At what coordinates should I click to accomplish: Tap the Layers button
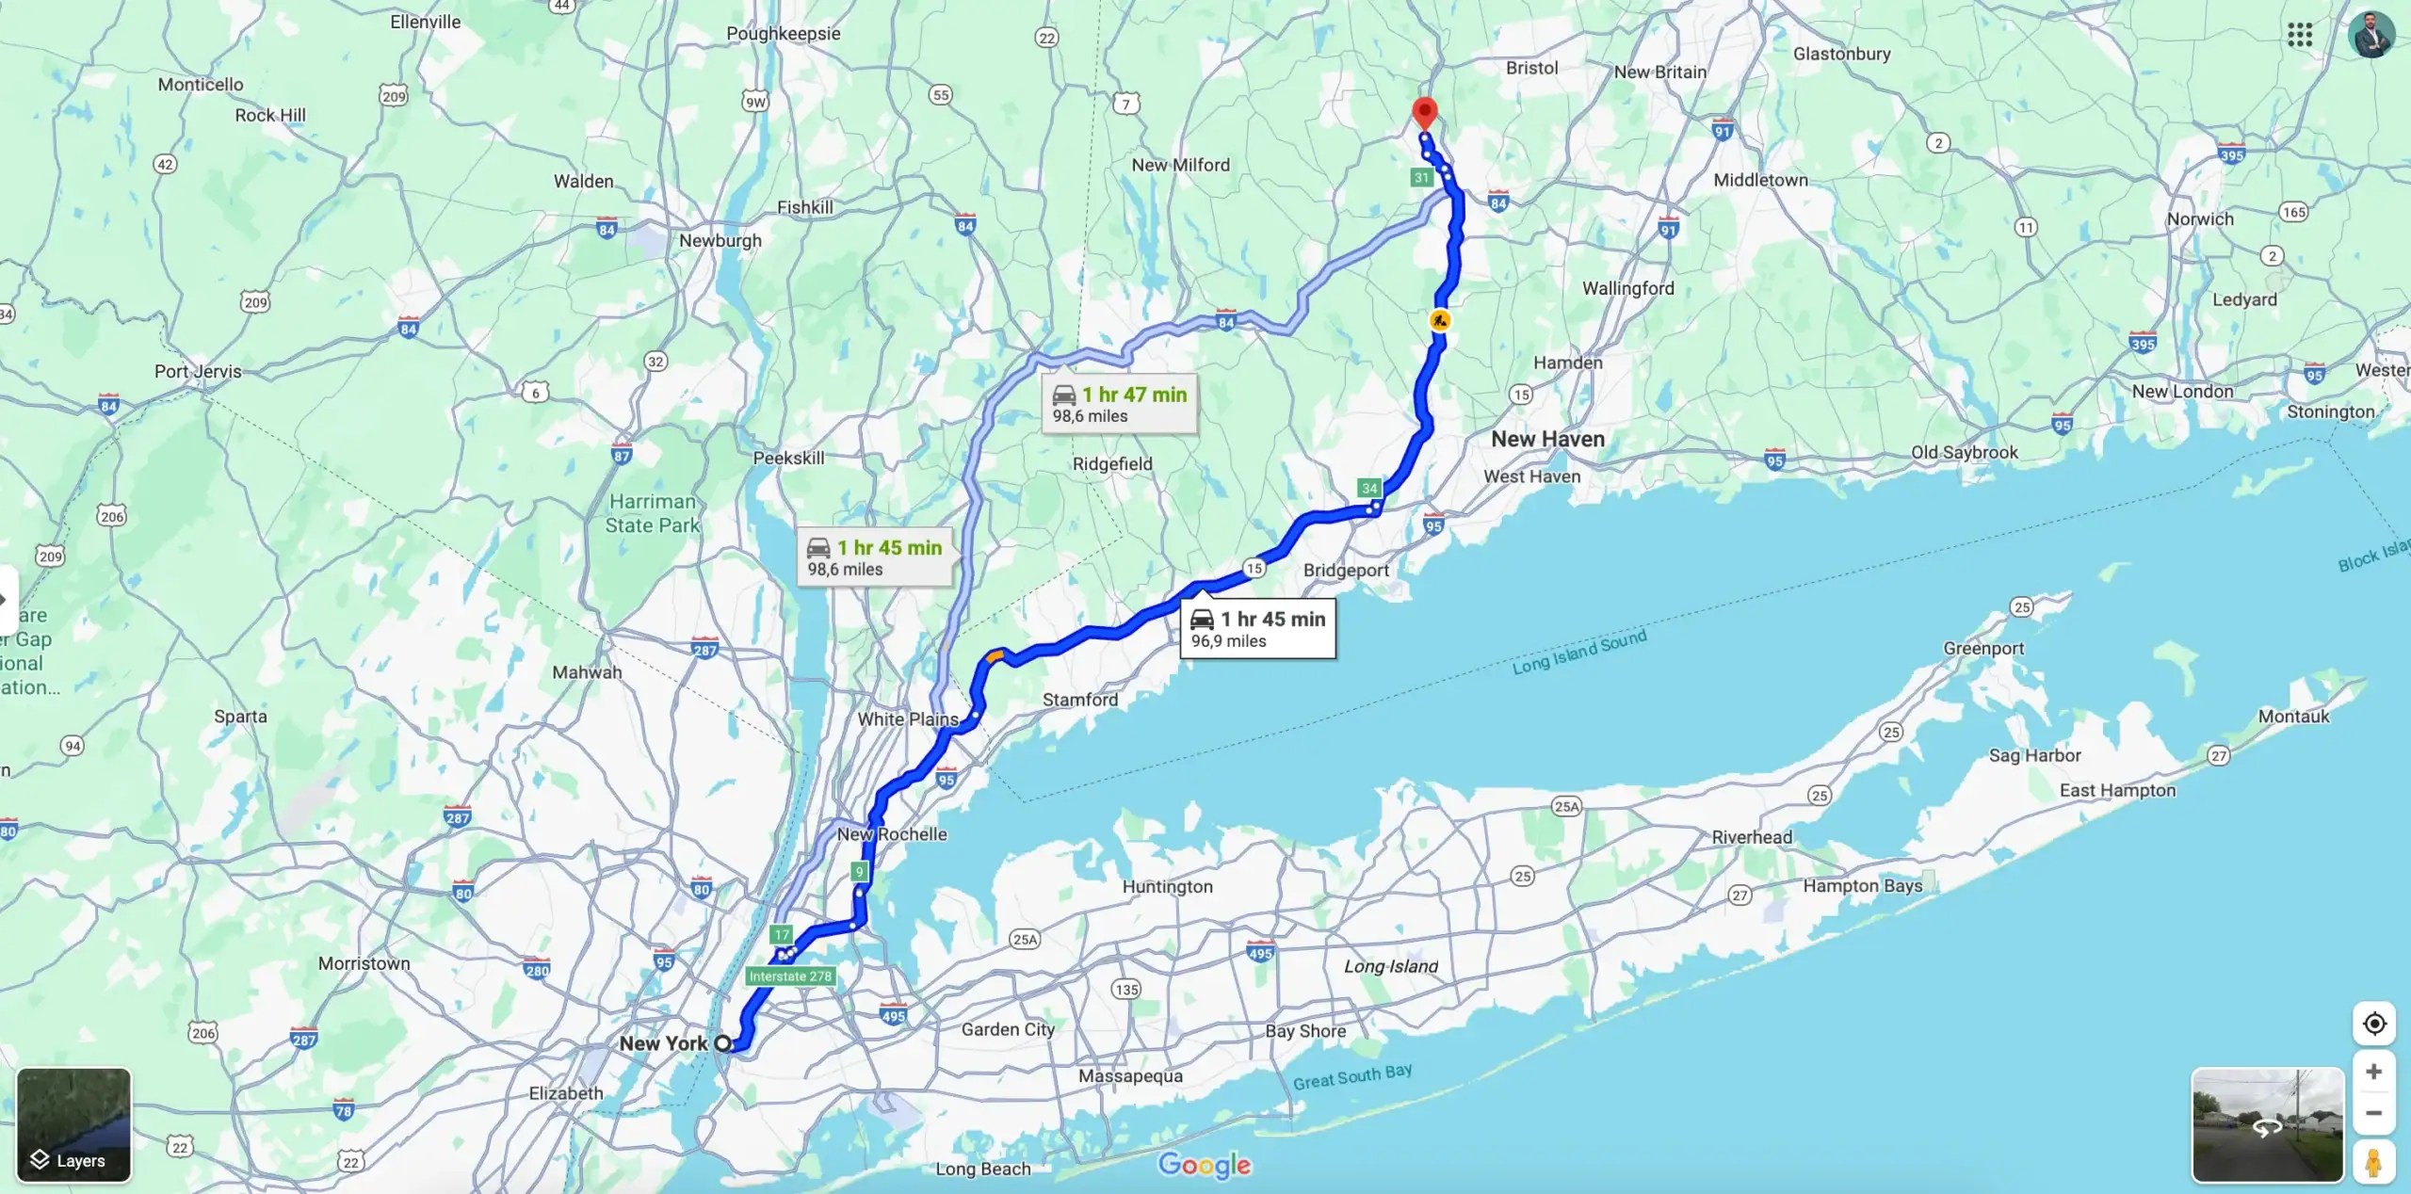73,1124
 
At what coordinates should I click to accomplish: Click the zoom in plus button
2373,1072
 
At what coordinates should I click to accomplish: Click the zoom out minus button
2373,1113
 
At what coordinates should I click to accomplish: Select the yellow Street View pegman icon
2373,1162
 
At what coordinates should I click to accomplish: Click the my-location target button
2374,1024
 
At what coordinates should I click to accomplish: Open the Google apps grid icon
2300,35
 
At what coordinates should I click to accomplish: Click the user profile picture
2371,36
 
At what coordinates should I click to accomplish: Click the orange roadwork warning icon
1439,320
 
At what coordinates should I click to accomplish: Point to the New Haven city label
1547,439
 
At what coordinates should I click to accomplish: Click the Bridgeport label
1346,570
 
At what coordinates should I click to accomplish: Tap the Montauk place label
2293,717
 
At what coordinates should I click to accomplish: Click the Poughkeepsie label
783,34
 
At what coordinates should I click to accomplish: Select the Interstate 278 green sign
790,976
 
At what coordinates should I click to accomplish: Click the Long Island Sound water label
1579,652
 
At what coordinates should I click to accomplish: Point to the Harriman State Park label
653,513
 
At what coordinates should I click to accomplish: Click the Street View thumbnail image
2267,1124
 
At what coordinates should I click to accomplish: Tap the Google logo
1205,1165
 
